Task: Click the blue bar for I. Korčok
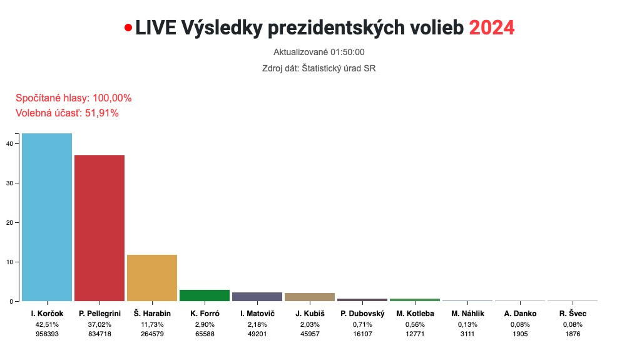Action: tap(47, 217)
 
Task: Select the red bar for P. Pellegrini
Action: tap(99, 228)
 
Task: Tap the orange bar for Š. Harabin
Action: tap(152, 278)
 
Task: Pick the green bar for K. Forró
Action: tap(205, 296)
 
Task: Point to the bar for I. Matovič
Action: tap(257, 297)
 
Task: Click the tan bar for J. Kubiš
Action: tap(310, 297)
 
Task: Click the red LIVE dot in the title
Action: tap(128, 28)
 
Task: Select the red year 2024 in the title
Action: tap(491, 28)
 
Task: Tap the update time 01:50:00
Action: tap(342, 53)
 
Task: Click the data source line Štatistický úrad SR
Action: tap(319, 68)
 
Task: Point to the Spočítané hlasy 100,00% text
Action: tap(73, 98)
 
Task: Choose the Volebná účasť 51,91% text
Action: tap(66, 113)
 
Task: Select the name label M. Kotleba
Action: tap(415, 314)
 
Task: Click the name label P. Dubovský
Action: tap(362, 314)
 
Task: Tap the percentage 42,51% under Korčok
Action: tap(47, 324)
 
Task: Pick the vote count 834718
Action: tap(99, 334)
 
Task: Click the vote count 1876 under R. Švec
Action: tap(573, 334)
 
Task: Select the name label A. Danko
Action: tap(520, 314)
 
